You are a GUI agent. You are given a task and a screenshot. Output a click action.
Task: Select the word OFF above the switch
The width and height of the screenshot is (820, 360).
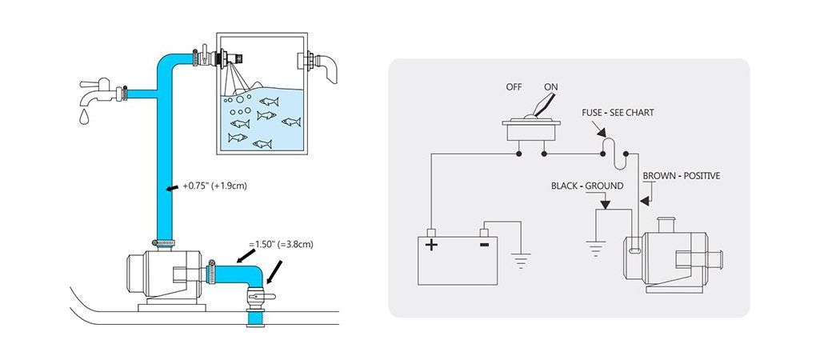pos(514,86)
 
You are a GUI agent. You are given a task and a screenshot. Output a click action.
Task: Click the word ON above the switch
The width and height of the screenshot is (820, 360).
pos(550,86)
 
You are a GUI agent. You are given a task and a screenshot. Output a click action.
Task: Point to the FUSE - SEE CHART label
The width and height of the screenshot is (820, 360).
pos(618,113)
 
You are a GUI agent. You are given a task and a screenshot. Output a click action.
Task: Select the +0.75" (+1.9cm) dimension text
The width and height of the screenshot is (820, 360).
pos(215,186)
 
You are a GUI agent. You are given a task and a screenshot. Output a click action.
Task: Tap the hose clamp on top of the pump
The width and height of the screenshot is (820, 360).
pos(165,242)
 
